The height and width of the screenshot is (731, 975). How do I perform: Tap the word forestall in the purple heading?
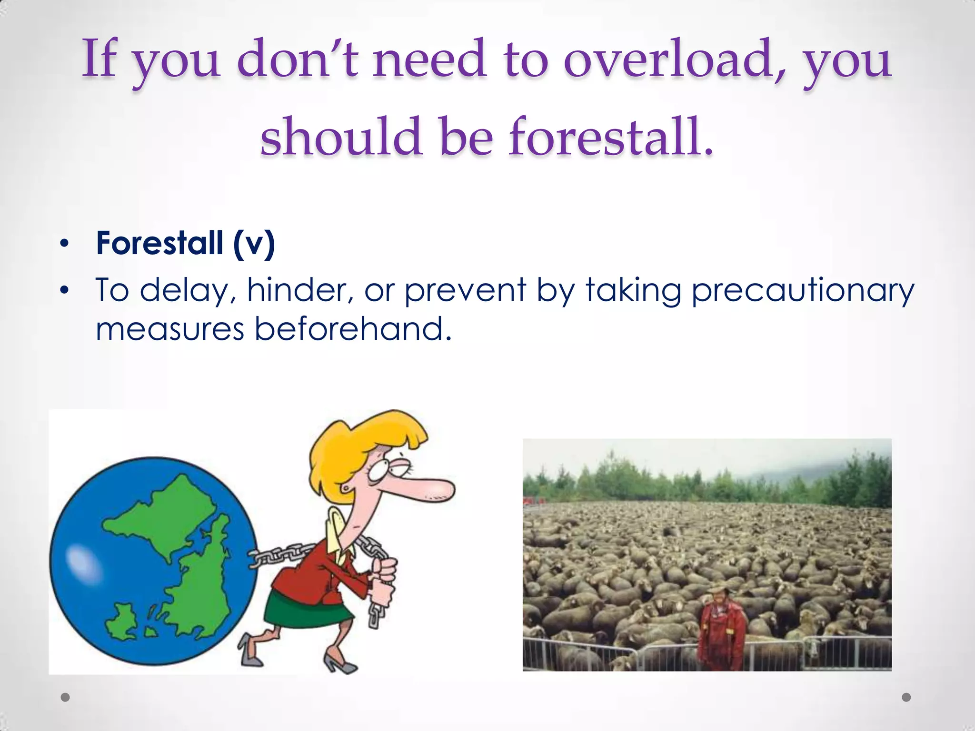(x=611, y=138)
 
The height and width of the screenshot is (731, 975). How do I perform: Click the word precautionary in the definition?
(x=803, y=290)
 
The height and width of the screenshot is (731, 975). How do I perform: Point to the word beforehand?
(x=352, y=329)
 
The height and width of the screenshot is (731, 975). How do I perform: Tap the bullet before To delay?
(x=65, y=290)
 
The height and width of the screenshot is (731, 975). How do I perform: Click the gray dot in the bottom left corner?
(x=65, y=697)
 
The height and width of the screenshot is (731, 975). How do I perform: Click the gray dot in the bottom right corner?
(x=906, y=697)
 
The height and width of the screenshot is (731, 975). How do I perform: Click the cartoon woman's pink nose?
(x=428, y=490)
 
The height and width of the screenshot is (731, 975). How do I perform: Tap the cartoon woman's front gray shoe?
(x=340, y=664)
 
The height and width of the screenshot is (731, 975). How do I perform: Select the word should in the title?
(x=341, y=138)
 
